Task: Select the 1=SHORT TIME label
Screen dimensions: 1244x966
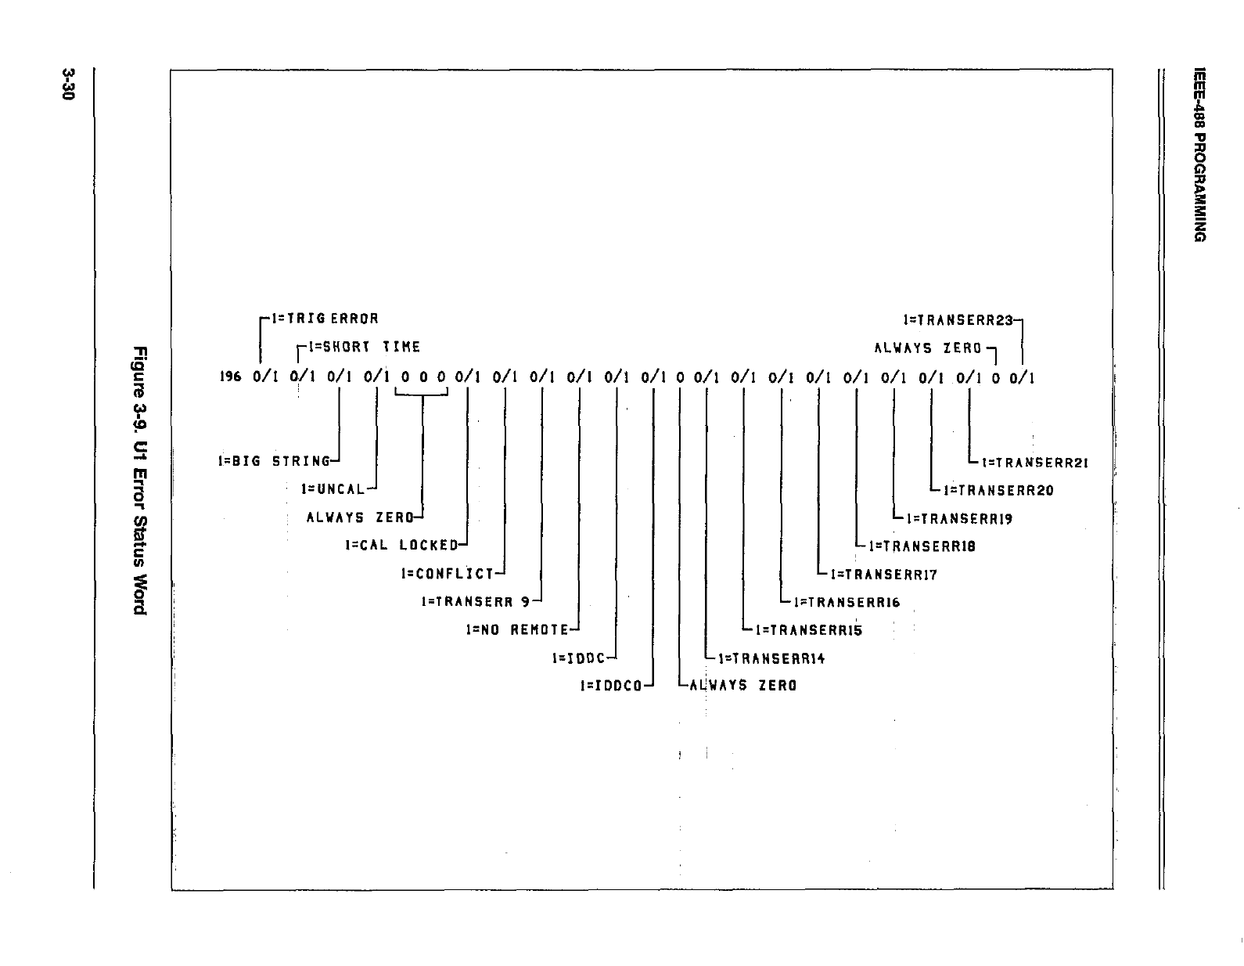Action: (365, 347)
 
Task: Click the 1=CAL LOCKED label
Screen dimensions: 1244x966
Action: (401, 545)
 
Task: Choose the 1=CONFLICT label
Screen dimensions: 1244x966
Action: (448, 573)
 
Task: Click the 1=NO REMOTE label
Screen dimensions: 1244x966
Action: (517, 629)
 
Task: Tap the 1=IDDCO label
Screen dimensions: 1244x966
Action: (611, 686)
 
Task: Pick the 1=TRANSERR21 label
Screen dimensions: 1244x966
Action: (1035, 462)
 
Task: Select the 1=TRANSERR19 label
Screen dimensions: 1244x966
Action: (959, 518)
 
